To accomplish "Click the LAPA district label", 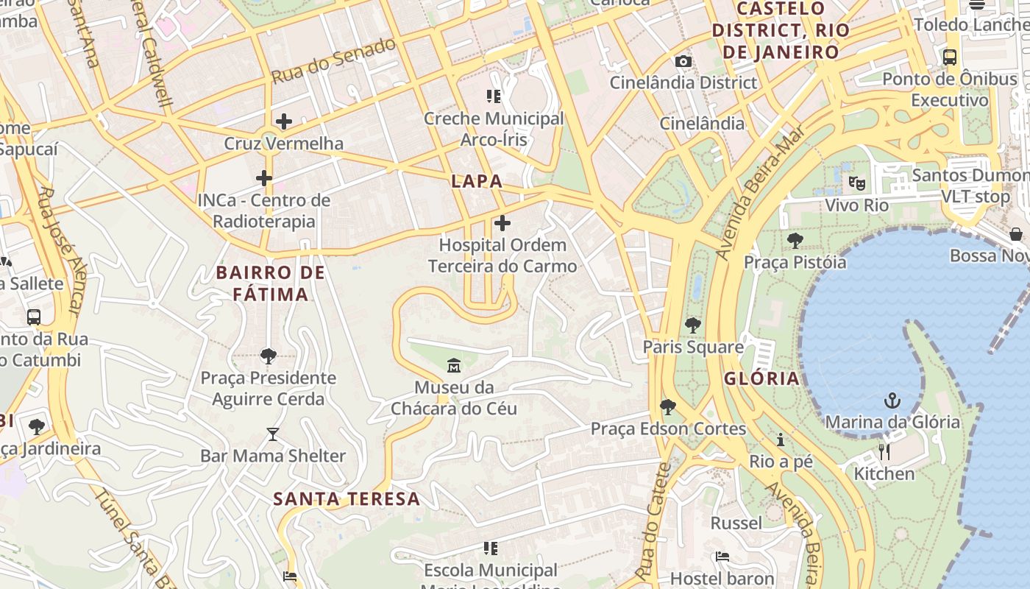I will click(x=477, y=181).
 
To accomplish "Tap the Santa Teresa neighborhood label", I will click(x=347, y=499).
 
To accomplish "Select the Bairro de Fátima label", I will click(x=270, y=283).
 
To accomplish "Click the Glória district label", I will click(x=761, y=378).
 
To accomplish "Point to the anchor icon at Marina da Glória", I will click(x=892, y=401).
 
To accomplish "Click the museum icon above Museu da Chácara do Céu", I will click(x=454, y=364).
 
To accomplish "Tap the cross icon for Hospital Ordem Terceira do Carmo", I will click(x=502, y=222).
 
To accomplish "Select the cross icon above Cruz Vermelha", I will click(x=283, y=121).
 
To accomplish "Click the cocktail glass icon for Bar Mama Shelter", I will click(x=273, y=434).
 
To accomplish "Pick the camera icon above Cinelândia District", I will click(x=683, y=61).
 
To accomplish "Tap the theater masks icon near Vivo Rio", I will click(x=856, y=183).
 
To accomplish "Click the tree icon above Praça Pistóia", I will click(x=795, y=240).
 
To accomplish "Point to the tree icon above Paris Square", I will click(x=692, y=325).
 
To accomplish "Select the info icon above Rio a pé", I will click(x=781, y=440).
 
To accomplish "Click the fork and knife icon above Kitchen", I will click(x=884, y=451).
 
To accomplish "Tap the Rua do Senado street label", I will click(x=333, y=61).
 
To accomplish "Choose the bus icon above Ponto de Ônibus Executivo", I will click(x=950, y=57).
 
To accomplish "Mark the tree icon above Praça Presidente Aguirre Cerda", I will click(x=269, y=356).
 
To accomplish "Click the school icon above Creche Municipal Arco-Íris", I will click(x=493, y=96).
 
